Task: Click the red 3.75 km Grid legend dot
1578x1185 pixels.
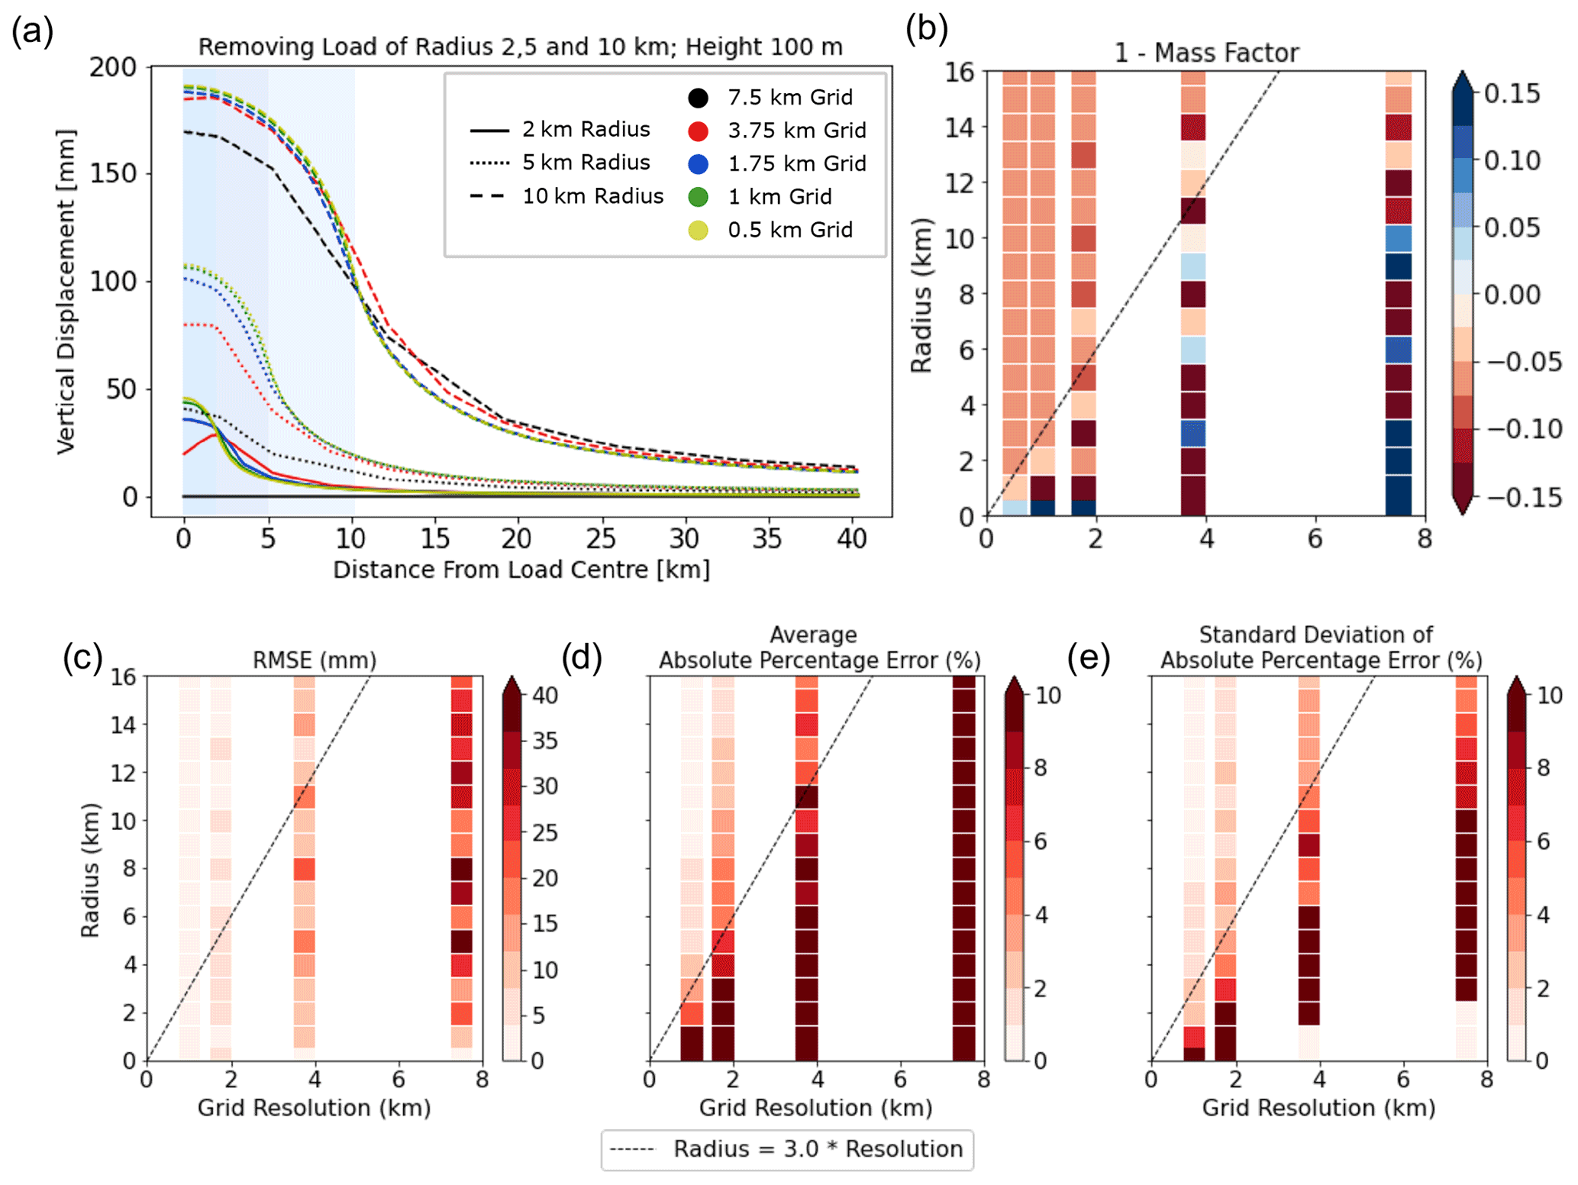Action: (698, 131)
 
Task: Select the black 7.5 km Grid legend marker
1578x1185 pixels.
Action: (698, 98)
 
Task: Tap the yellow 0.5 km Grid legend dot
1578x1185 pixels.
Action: (698, 230)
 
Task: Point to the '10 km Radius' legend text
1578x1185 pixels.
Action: (592, 196)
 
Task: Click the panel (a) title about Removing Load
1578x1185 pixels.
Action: (520, 47)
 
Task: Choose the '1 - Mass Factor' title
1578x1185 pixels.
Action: (1206, 53)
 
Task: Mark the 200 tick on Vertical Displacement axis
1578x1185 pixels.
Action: (112, 67)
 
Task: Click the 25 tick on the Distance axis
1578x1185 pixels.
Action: (601, 539)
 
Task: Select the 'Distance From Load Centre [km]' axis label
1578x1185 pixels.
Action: (521, 570)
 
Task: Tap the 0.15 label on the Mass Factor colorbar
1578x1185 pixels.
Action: (1512, 94)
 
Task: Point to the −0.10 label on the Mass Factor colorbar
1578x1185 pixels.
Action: (1522, 429)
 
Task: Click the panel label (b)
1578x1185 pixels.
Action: (926, 29)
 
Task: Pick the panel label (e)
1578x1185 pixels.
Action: (1088, 657)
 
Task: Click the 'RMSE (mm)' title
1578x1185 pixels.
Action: (315, 660)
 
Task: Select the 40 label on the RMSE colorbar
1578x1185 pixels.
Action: (545, 696)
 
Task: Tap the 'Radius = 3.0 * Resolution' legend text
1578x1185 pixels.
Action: (818, 1149)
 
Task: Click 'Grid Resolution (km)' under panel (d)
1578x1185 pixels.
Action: (815, 1108)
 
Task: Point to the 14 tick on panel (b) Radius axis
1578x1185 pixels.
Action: (960, 127)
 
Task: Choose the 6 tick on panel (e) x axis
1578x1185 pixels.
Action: (1402, 1080)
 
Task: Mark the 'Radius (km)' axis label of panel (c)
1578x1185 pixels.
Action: (90, 870)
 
